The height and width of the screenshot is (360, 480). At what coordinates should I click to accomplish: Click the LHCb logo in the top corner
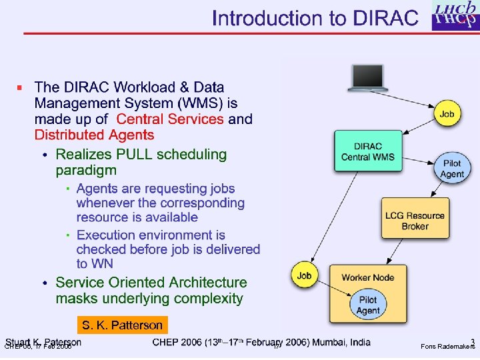point(455,16)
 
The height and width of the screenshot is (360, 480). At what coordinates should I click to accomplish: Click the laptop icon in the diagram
point(367,78)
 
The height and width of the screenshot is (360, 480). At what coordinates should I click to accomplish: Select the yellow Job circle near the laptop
point(447,114)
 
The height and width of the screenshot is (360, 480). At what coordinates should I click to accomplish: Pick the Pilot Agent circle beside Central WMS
point(451,169)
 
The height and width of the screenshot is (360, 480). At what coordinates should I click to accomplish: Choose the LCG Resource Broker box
point(415,221)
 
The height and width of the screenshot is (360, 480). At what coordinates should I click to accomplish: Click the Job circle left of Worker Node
point(304,275)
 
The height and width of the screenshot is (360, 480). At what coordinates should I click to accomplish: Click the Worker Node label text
point(367,277)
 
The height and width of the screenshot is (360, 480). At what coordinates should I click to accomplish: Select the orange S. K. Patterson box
point(122,325)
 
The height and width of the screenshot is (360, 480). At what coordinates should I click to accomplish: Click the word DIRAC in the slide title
point(385,18)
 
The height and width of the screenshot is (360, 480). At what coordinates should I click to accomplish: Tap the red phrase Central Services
point(170,119)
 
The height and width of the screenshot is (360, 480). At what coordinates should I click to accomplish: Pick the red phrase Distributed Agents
point(94,135)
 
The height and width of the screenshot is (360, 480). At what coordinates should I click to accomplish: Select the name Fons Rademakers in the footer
point(447,347)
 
